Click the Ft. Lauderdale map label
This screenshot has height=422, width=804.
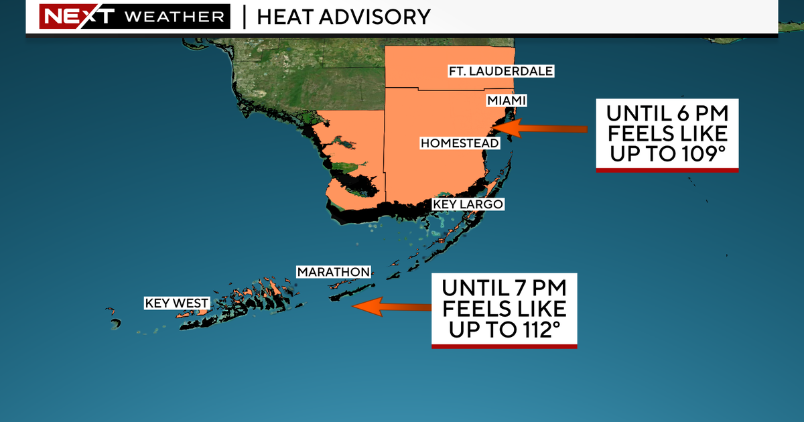[x=501, y=71]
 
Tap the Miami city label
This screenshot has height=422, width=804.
[x=507, y=100]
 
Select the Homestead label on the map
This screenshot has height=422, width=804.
[x=460, y=143]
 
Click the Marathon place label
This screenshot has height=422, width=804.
[x=333, y=272]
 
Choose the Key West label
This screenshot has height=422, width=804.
[x=177, y=303]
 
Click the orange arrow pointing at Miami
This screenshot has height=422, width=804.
[x=543, y=128]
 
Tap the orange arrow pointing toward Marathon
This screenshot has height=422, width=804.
[x=392, y=307]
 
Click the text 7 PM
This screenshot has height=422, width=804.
[x=535, y=289]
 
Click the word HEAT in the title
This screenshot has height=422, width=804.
[x=283, y=16]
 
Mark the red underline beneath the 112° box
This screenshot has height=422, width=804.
[x=504, y=346]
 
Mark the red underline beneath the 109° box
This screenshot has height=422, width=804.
[x=667, y=171]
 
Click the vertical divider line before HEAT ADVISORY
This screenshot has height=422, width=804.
[x=245, y=16]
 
